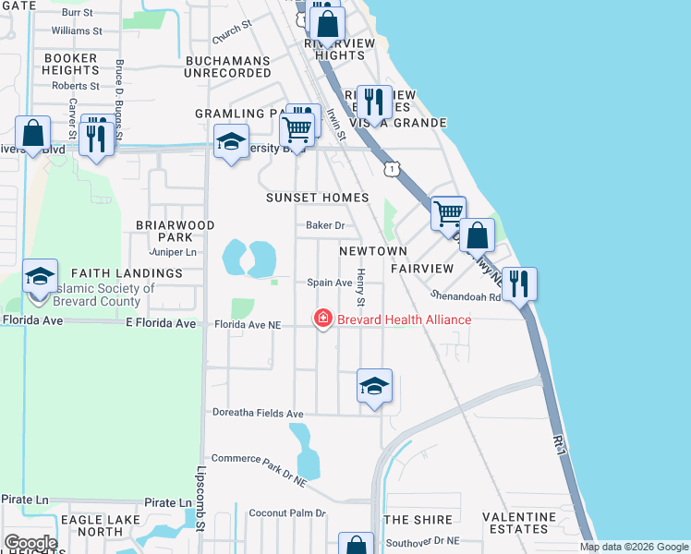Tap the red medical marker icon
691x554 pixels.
click(x=323, y=319)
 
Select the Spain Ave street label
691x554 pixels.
click(x=330, y=283)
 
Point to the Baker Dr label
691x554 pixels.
click(x=325, y=225)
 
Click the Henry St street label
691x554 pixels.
click(x=361, y=287)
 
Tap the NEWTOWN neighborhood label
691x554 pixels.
click(x=373, y=251)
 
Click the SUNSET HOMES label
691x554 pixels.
click(x=317, y=198)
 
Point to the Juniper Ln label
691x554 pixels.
click(x=173, y=252)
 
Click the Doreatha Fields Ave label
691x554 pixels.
click(x=258, y=413)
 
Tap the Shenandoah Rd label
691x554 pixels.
click(x=465, y=296)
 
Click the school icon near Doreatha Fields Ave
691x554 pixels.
click(x=374, y=387)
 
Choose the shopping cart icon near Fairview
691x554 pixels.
click(x=448, y=213)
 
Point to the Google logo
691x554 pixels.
click(x=30, y=543)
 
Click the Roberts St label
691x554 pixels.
click(x=76, y=86)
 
